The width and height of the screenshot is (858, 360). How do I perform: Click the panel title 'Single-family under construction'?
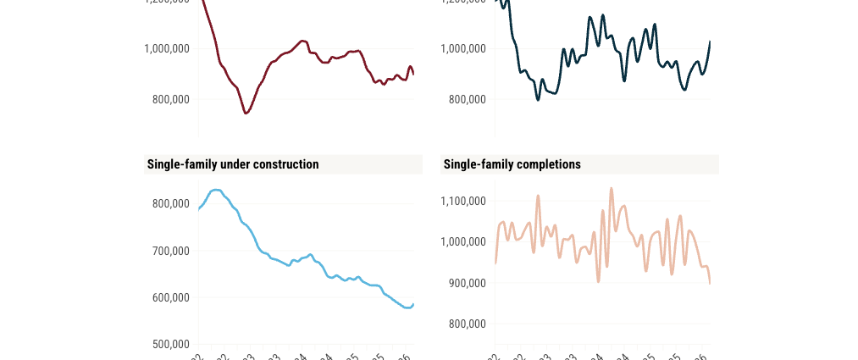coord(233,164)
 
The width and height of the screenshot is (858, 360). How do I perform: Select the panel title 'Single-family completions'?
coord(512,164)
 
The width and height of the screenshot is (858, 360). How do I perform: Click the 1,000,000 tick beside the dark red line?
coord(167,48)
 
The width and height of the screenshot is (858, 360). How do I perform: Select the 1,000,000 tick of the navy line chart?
coord(463,48)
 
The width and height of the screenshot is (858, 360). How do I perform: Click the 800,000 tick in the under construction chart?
coord(171,203)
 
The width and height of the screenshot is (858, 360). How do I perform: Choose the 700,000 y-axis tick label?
coord(171,251)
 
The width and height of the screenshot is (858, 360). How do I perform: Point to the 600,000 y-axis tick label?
coord(171,297)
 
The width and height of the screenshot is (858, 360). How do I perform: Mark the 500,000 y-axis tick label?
coord(171,344)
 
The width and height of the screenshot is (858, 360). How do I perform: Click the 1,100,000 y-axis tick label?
coord(463,201)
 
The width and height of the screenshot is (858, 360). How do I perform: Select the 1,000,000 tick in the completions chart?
coord(463,241)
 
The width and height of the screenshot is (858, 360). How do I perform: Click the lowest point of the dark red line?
coord(246,113)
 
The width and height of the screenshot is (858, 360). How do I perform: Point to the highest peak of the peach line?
coord(612,188)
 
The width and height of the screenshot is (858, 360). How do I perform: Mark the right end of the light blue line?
coord(413,303)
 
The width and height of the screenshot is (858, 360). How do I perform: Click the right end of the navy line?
coord(710,42)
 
